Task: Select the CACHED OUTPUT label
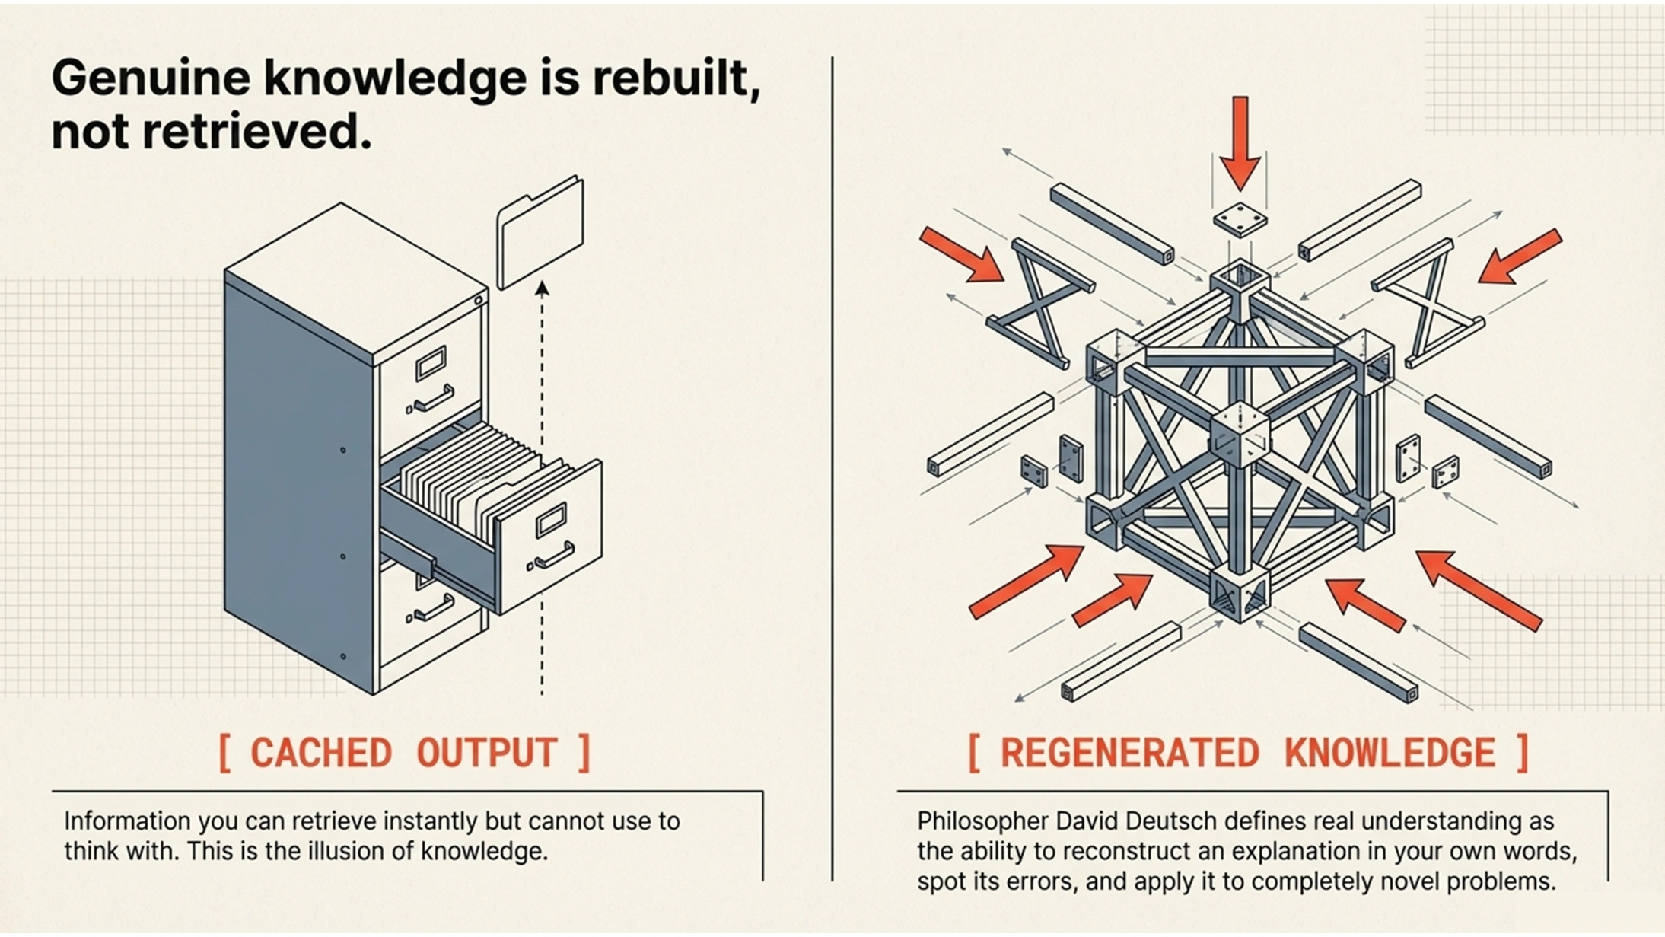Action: tap(404, 753)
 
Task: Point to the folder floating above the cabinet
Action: tap(540, 231)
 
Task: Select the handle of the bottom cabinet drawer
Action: tap(434, 609)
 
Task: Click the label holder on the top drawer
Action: tap(431, 363)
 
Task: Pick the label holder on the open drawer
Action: tap(551, 520)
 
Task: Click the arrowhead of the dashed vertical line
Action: tap(542, 288)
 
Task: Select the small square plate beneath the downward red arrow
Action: tap(1240, 220)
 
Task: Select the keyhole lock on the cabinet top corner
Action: tap(479, 301)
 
